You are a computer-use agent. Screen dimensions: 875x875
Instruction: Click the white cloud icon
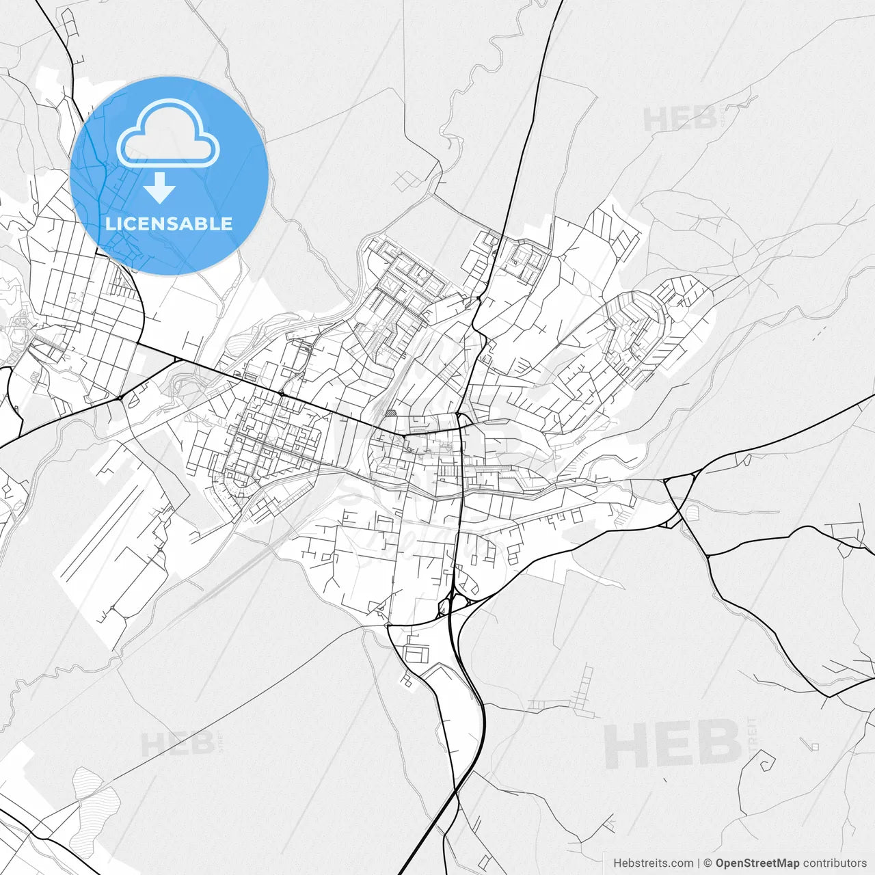(x=167, y=133)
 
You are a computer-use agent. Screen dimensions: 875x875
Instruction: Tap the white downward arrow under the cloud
(x=160, y=188)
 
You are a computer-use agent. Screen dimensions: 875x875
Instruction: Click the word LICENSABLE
(x=168, y=224)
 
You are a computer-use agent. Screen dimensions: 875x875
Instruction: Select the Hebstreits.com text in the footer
(x=653, y=863)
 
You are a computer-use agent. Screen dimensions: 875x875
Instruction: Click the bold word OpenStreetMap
(x=757, y=863)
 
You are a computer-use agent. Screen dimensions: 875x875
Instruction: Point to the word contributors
(x=835, y=863)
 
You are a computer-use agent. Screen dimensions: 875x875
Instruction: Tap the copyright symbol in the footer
(x=708, y=863)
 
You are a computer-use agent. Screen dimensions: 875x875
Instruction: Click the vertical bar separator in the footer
(x=699, y=863)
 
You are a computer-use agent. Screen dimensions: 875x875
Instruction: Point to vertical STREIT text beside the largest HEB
(x=753, y=742)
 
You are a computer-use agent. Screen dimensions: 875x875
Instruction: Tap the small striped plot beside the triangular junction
(x=692, y=511)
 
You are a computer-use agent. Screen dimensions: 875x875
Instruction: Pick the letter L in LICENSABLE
(x=109, y=224)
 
